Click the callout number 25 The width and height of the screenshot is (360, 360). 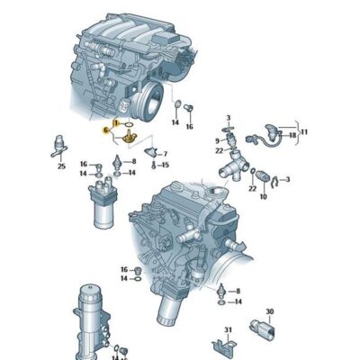(61, 166)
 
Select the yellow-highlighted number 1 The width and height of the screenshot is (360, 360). (116, 123)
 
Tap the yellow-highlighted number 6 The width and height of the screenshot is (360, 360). (105, 130)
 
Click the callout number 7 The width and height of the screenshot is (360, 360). (165, 154)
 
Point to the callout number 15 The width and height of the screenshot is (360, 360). (166, 165)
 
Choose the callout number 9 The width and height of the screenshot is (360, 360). (217, 140)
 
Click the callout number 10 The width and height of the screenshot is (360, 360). (264, 197)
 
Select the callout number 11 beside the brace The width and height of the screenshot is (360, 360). (304, 132)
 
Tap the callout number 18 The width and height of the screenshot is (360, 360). (292, 135)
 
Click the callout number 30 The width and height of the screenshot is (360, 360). (270, 311)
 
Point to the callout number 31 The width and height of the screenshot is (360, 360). (229, 329)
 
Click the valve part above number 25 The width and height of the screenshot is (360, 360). (58, 146)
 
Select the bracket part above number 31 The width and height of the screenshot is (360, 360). (224, 346)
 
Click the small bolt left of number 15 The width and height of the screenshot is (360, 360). (154, 165)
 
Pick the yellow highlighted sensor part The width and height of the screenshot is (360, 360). (128, 138)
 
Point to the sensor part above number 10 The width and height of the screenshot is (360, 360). (261, 176)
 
